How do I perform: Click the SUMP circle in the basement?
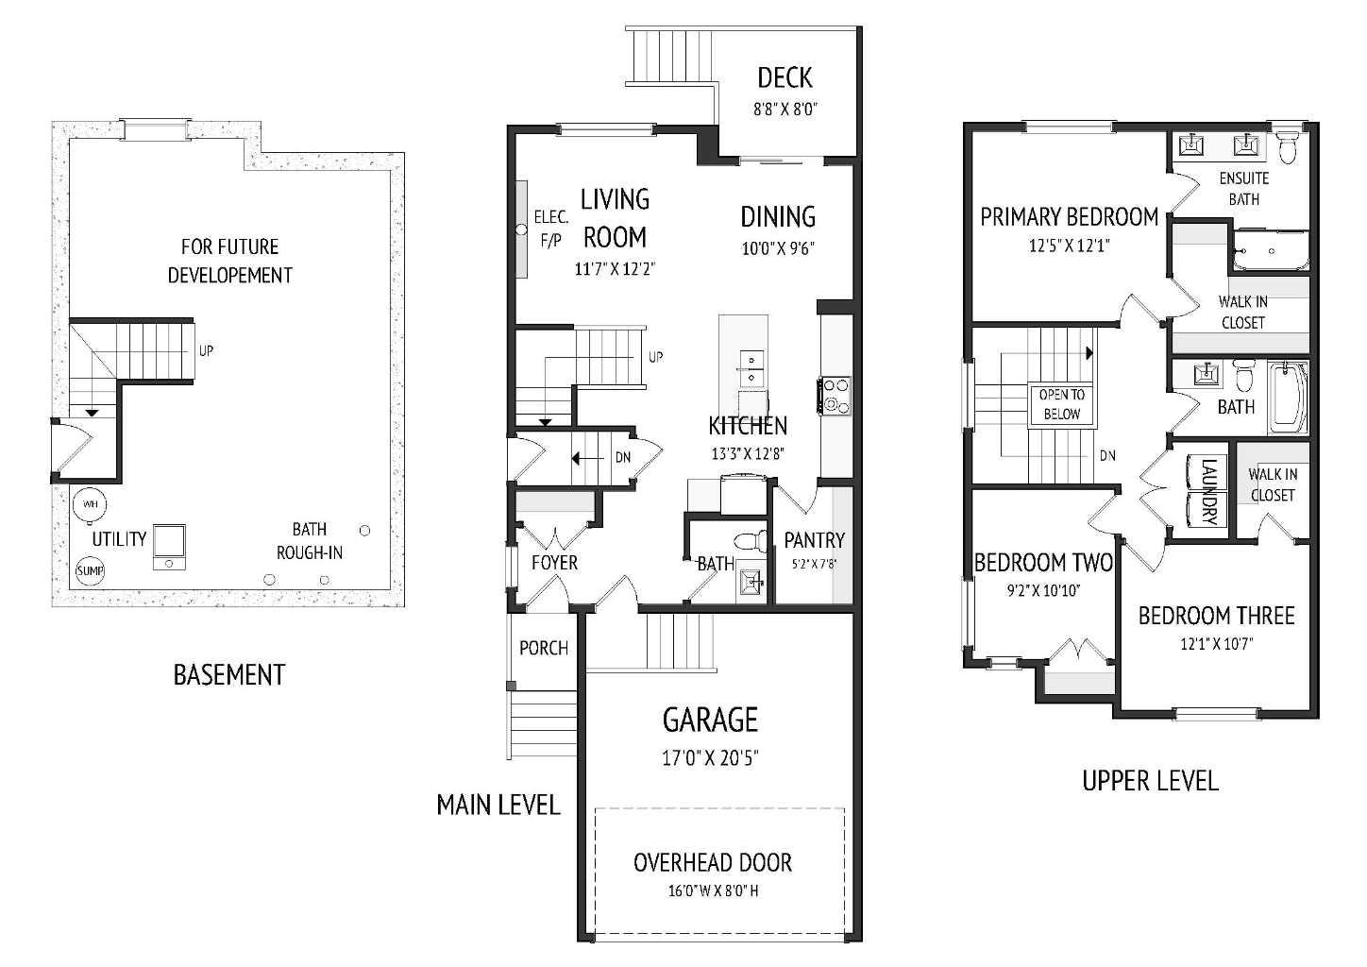click(91, 570)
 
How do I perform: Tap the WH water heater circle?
click(91, 503)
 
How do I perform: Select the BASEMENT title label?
click(228, 674)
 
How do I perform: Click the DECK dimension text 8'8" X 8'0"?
click(785, 109)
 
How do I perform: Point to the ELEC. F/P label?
click(550, 229)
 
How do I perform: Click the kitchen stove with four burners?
click(836, 396)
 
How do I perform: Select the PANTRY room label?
click(814, 540)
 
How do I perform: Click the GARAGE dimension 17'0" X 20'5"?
click(710, 757)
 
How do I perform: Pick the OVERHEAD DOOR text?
click(713, 862)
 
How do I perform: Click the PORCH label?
click(544, 648)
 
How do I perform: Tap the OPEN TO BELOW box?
click(1061, 404)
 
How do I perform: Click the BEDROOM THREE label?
click(1216, 616)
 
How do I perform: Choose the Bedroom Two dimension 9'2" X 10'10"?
click(1042, 590)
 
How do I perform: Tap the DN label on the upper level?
click(1107, 455)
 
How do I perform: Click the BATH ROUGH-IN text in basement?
click(309, 540)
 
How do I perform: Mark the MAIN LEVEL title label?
click(498, 805)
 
